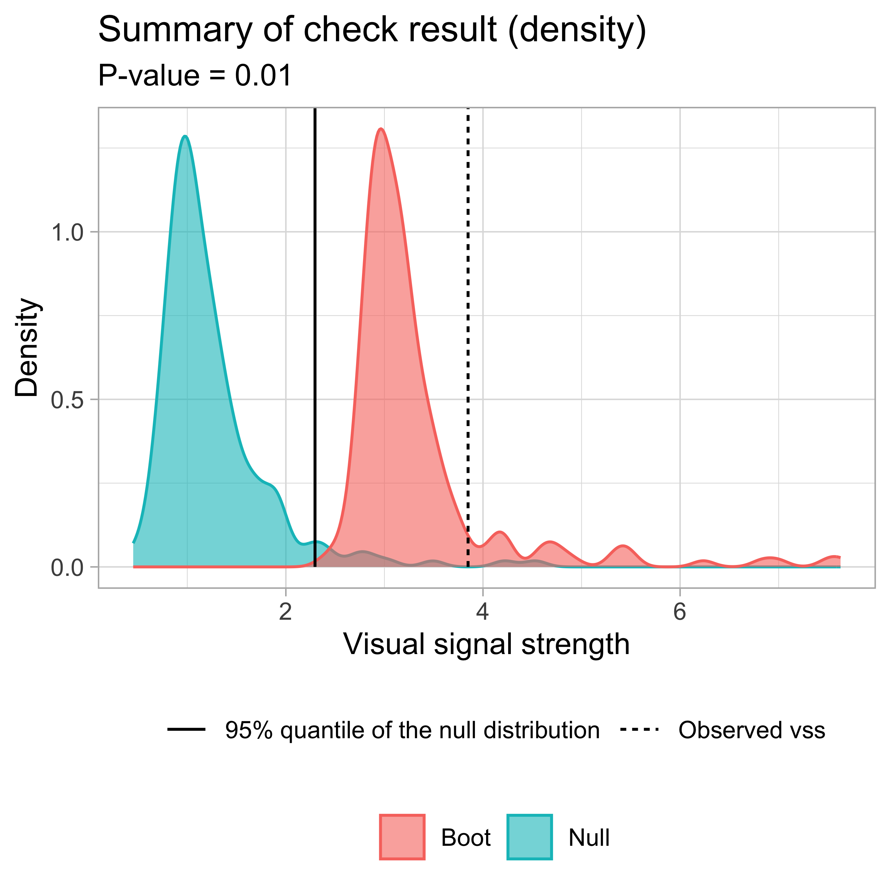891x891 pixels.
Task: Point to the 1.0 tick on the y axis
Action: coord(67,232)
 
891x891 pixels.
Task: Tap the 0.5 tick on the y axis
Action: coord(67,399)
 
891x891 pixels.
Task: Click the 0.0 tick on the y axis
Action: coord(67,567)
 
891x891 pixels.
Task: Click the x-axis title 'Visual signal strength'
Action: coord(486,644)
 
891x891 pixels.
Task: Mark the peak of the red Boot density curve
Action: coord(380,129)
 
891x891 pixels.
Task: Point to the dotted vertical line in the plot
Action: coord(468,323)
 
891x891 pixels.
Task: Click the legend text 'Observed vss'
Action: coord(751,730)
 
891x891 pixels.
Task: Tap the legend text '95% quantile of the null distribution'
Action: coord(412,730)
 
